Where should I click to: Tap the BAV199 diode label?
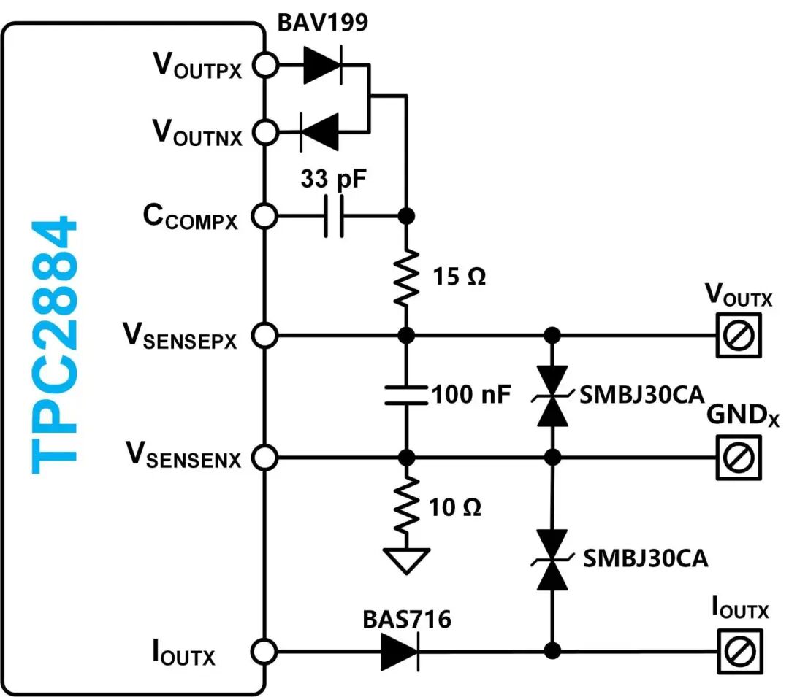322,23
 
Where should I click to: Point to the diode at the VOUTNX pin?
319,132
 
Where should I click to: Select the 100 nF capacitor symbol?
407,396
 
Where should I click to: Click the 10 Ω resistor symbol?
407,504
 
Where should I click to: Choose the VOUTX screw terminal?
737,335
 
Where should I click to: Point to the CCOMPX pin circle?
265,216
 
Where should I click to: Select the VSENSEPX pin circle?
265,336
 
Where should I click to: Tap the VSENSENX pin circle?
265,458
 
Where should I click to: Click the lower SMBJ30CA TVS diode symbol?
552,560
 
